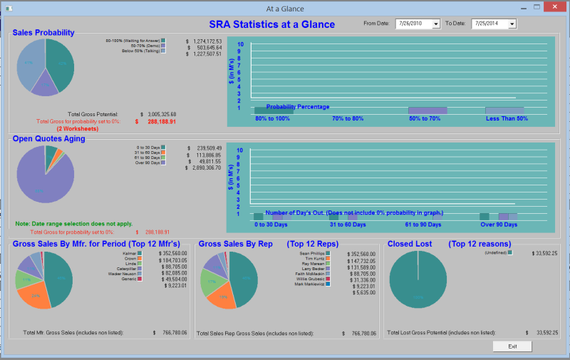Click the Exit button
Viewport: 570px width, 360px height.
coord(512,346)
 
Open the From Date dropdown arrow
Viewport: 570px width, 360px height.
coord(436,24)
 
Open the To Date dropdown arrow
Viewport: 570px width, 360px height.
coord(512,24)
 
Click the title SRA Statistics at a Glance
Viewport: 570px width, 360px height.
coord(271,24)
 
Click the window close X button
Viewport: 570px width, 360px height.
coord(553,8)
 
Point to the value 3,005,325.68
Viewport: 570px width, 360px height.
coord(161,114)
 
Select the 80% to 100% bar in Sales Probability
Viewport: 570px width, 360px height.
coord(273,110)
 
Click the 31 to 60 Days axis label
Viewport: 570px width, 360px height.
coord(348,225)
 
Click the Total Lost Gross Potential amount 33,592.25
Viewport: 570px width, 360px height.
coord(541,333)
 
